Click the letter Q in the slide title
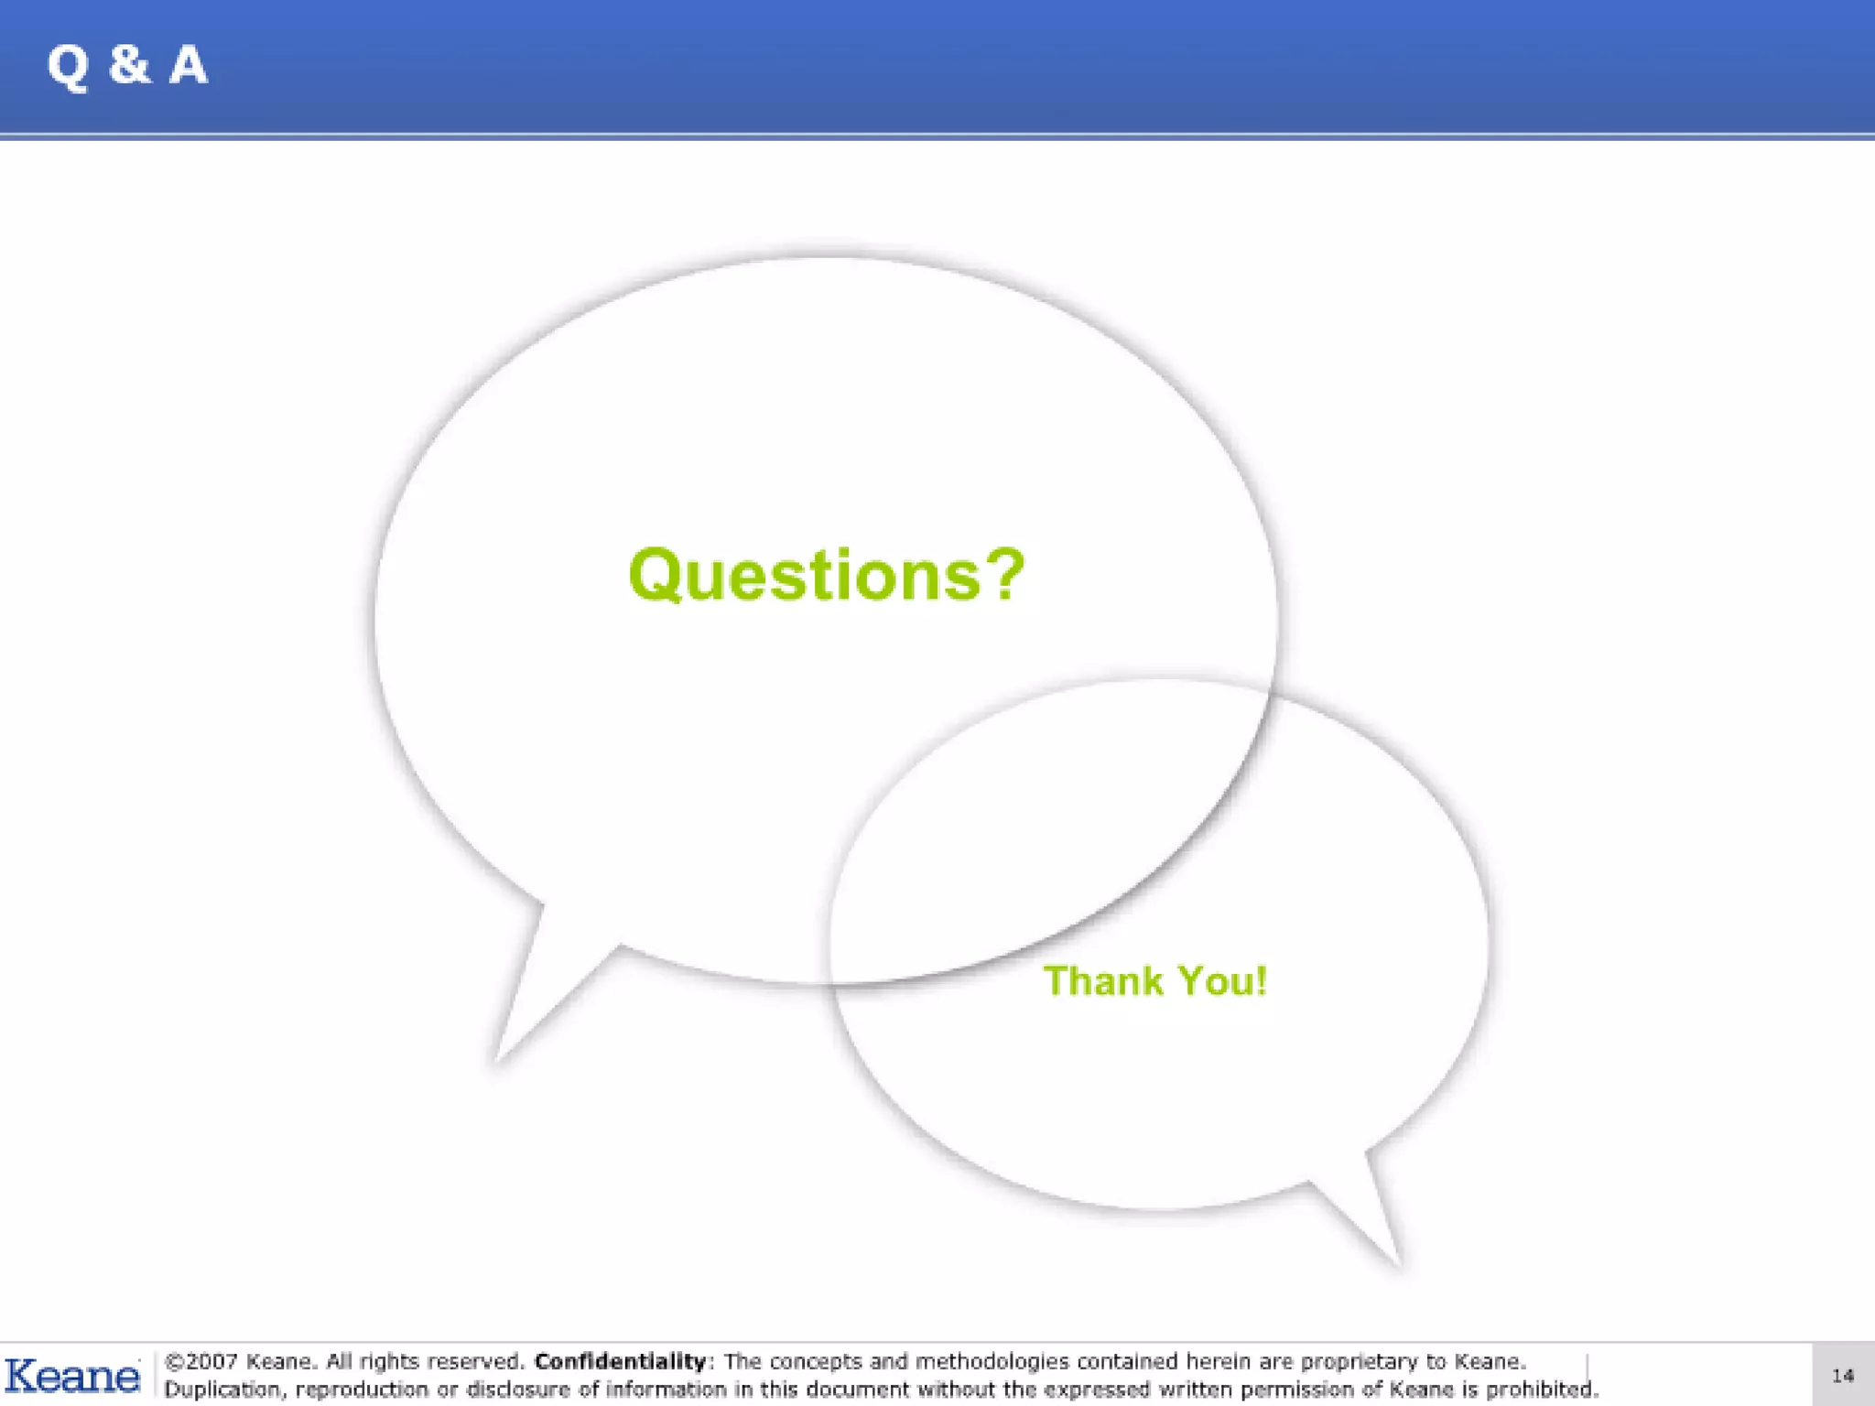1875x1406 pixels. pyautogui.click(x=68, y=66)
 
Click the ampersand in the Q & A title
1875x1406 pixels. pyautogui.click(x=129, y=64)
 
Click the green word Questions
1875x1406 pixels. pyautogui.click(x=805, y=575)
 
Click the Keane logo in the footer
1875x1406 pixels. pyautogui.click(x=72, y=1376)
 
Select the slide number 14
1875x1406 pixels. pyautogui.click(x=1842, y=1376)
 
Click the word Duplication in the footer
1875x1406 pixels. pyautogui.click(x=224, y=1390)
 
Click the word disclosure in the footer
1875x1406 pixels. pyautogui.click(x=518, y=1390)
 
